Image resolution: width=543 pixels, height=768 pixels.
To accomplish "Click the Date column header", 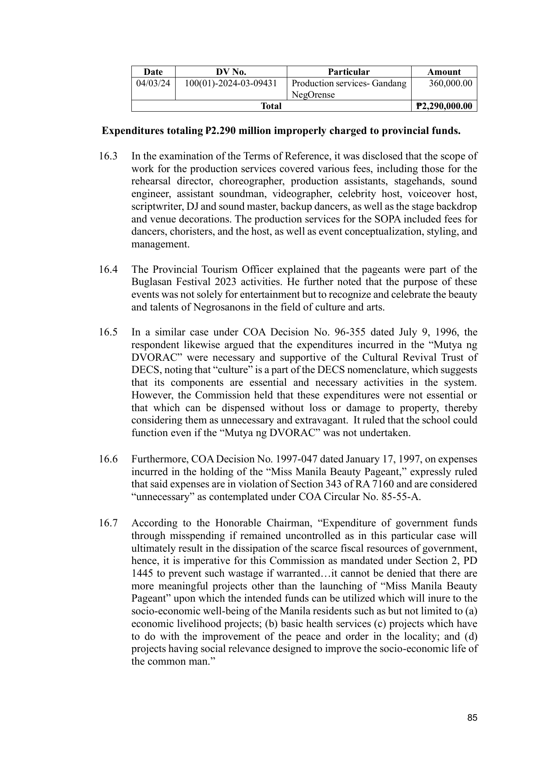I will tap(153, 72).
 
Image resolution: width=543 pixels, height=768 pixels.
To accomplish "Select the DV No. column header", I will tap(231, 72).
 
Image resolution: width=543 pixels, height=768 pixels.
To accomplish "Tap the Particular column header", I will tap(349, 72).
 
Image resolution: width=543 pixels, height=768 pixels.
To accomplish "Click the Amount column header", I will tap(444, 72).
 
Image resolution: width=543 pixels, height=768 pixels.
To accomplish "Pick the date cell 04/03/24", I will tap(153, 83).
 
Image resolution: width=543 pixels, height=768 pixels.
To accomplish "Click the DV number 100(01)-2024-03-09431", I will tap(231, 83).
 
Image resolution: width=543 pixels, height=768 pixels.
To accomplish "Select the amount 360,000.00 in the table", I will tap(451, 83).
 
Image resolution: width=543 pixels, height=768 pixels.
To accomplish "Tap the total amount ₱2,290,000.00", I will tap(444, 106).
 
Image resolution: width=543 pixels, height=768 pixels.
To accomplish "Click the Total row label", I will tap(271, 106).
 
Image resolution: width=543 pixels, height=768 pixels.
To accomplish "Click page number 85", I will tap(472, 718).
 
